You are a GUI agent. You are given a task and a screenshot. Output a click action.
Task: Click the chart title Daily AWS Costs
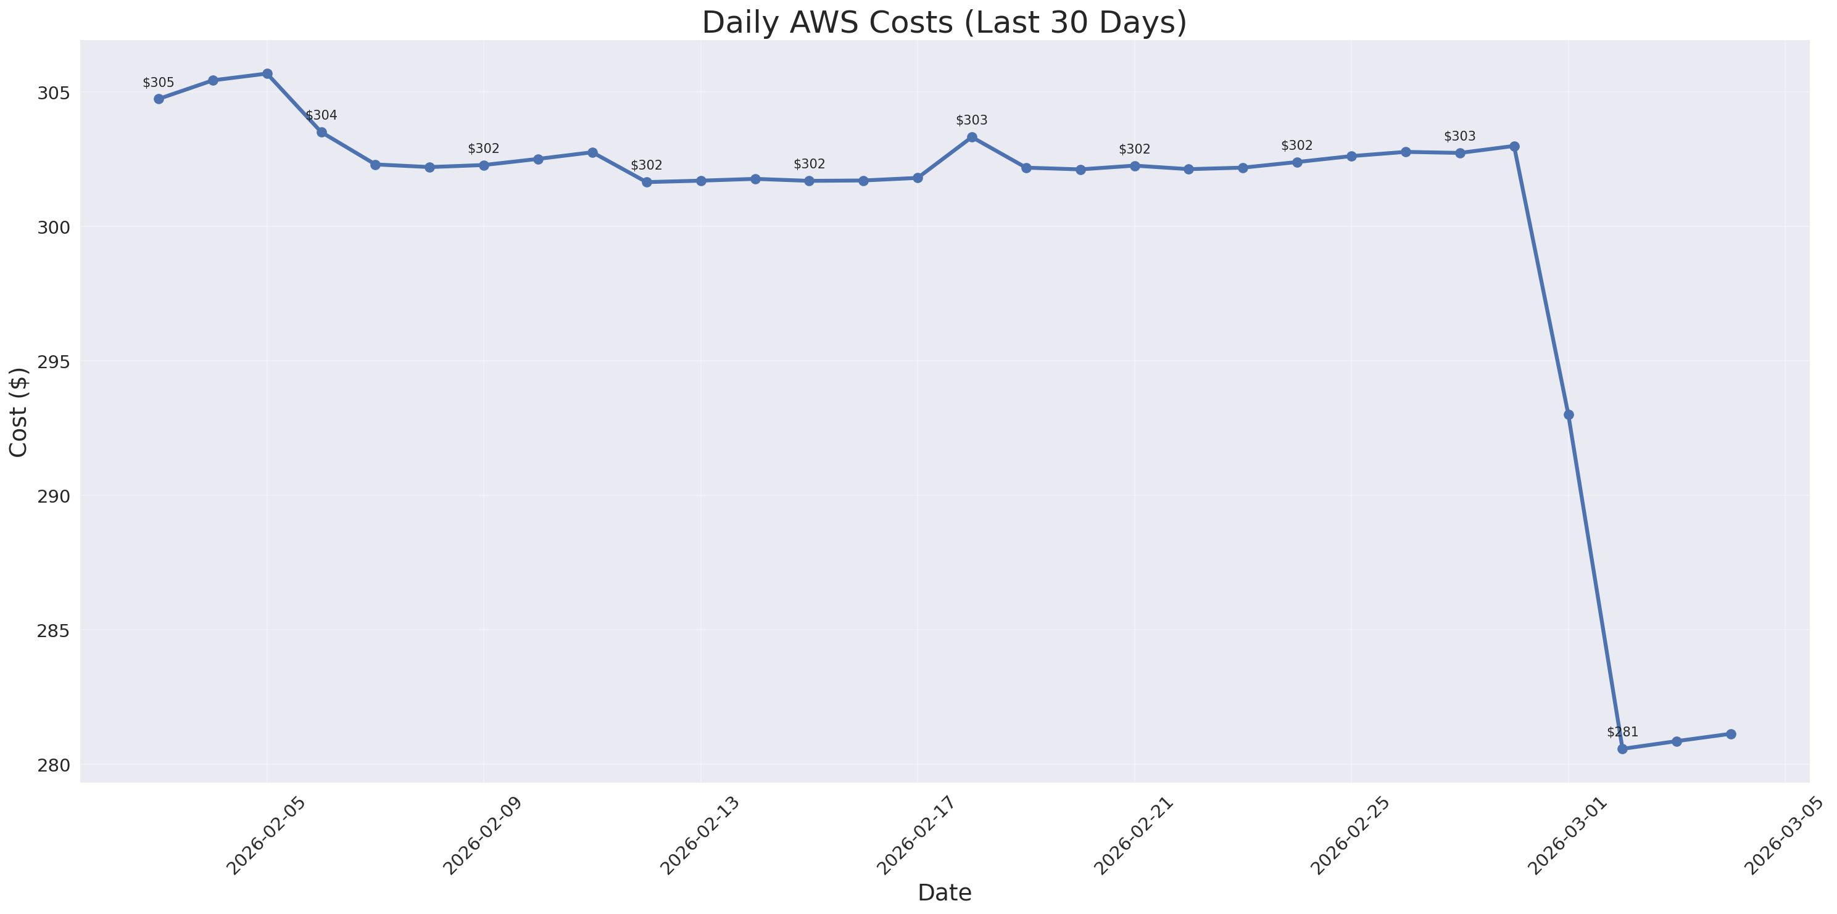click(x=944, y=23)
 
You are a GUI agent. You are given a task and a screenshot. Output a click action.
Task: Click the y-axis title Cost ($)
click(x=19, y=412)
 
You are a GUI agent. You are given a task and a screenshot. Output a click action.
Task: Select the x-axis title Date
click(x=944, y=892)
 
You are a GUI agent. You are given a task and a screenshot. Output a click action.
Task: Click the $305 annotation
click(x=159, y=83)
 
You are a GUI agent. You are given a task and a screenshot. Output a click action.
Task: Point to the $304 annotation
click(x=321, y=115)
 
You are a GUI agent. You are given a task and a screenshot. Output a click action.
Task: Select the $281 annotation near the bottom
click(x=1622, y=732)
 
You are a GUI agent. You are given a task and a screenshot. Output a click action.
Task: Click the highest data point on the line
click(x=267, y=73)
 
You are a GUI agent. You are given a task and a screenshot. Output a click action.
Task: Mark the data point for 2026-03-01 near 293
click(x=1568, y=415)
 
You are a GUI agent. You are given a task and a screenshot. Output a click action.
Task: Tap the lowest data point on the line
click(x=1622, y=749)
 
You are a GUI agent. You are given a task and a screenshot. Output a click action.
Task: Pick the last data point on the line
click(x=1731, y=735)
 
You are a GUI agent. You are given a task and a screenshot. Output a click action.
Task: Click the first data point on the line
click(x=159, y=99)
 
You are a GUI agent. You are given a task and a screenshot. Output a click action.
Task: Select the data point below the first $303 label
click(x=971, y=137)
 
